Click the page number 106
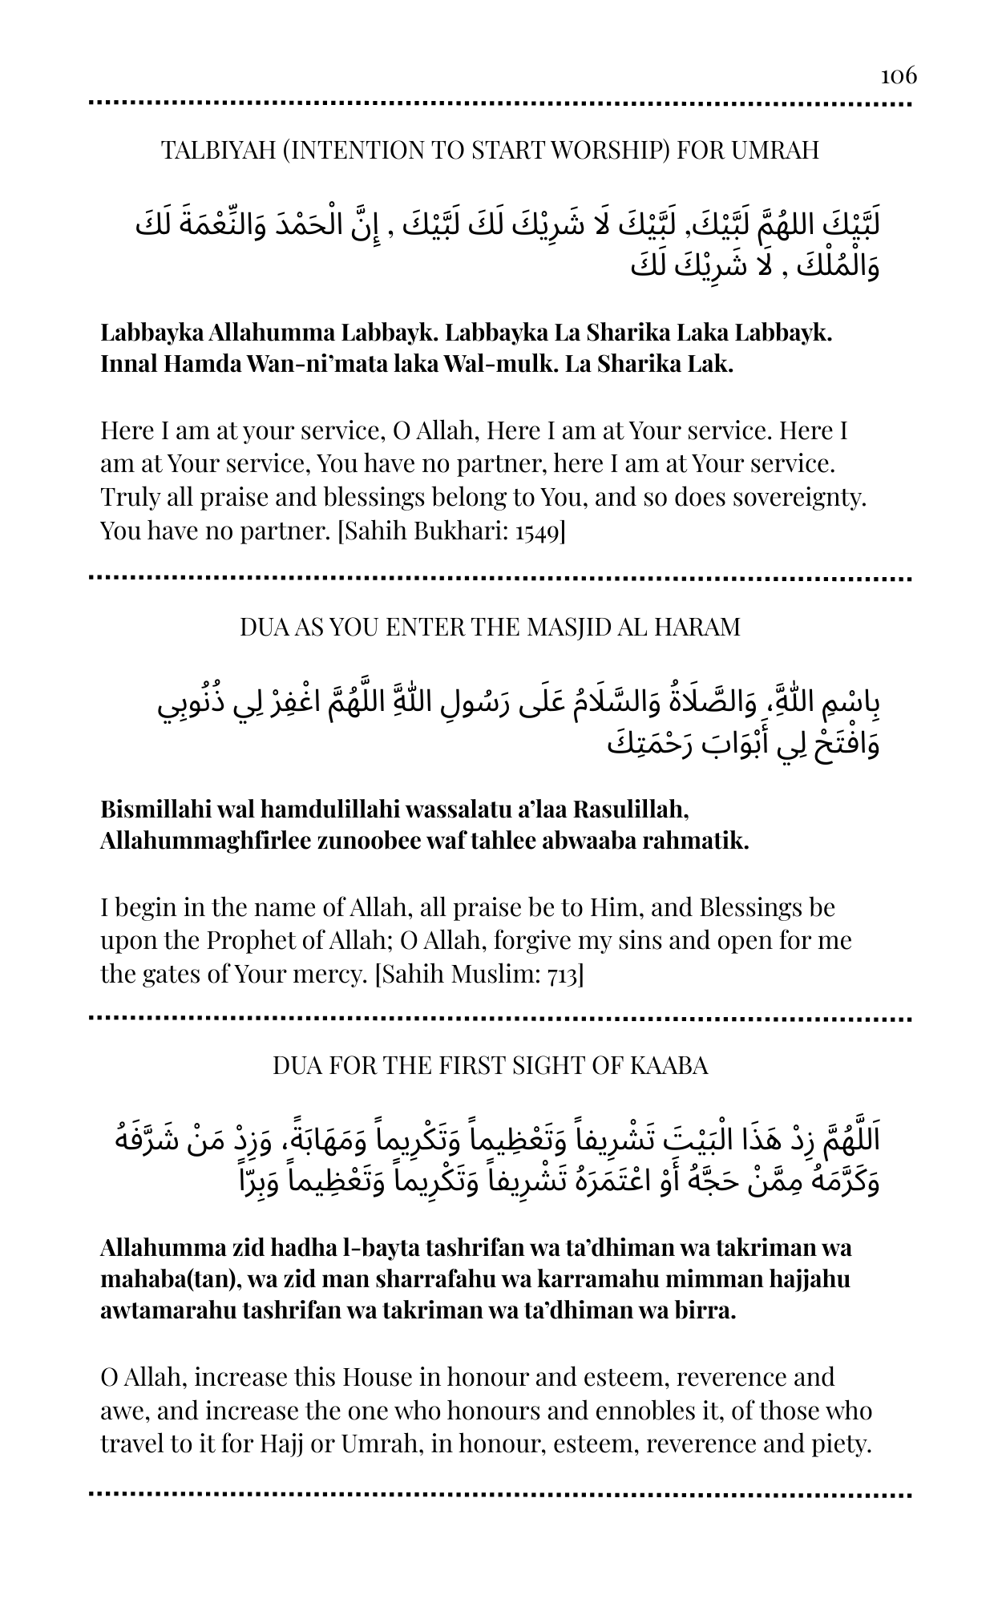[x=899, y=75]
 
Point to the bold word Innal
[x=129, y=365]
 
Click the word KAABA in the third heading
[x=669, y=1065]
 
